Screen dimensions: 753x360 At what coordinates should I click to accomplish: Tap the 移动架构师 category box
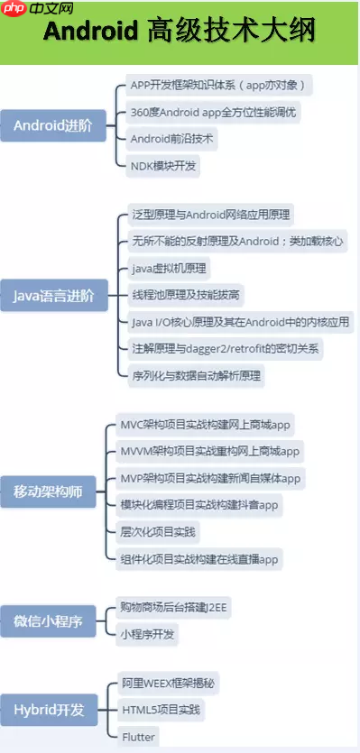click(x=47, y=491)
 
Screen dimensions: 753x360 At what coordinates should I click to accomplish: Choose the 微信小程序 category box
click(x=47, y=621)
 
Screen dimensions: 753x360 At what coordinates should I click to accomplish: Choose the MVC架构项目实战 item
click(x=206, y=425)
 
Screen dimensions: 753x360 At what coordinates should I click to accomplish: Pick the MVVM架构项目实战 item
click(x=209, y=451)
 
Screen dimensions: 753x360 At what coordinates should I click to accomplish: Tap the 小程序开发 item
click(x=148, y=635)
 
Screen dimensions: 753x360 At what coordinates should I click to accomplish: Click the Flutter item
click(x=138, y=738)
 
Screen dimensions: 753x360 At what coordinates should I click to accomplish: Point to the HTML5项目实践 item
click(x=162, y=711)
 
